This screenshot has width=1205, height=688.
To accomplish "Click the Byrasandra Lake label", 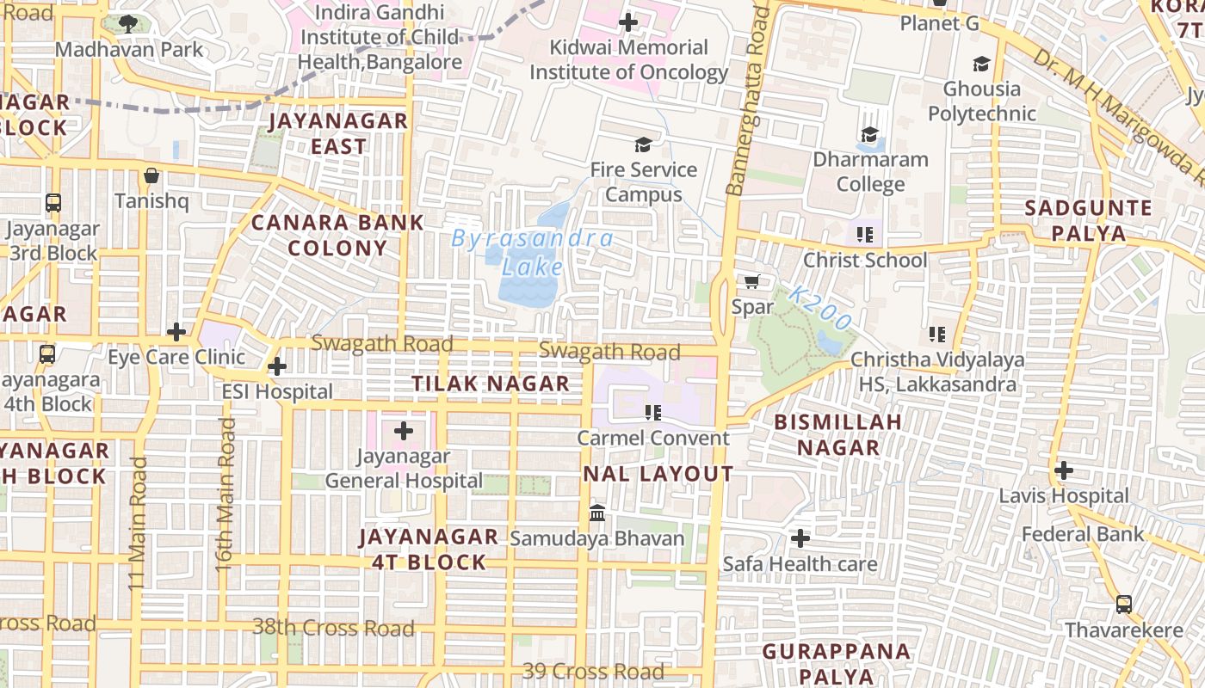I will point(532,252).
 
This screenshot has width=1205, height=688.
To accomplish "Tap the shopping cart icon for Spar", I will point(751,281).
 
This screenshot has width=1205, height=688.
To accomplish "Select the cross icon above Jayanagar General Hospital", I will point(403,431).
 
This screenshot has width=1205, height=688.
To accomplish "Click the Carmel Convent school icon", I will point(652,413).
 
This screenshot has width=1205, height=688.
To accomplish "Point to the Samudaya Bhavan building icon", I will point(596,513).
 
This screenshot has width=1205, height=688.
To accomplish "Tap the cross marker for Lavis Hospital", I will point(1064,470).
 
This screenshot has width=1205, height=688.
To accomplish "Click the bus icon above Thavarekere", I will point(1123,605).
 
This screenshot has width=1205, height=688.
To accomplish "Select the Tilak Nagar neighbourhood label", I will point(491,384).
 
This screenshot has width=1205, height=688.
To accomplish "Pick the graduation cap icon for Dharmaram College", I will point(869,134).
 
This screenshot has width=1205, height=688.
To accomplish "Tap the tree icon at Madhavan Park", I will point(128,24).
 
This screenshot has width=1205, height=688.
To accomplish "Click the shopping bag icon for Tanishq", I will point(151,175).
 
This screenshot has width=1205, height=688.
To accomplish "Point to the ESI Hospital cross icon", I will point(276,367).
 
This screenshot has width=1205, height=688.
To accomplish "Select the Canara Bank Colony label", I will point(337,235).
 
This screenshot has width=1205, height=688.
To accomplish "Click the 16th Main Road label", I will point(225,494).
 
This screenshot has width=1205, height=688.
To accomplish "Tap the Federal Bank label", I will point(1083,534).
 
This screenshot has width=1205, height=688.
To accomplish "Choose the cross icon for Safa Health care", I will point(800,538).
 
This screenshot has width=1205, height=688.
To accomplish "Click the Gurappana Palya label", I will point(836,663).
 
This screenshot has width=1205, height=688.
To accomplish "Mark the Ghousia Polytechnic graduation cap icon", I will point(980,64).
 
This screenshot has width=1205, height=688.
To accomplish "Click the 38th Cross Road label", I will point(333,627).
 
